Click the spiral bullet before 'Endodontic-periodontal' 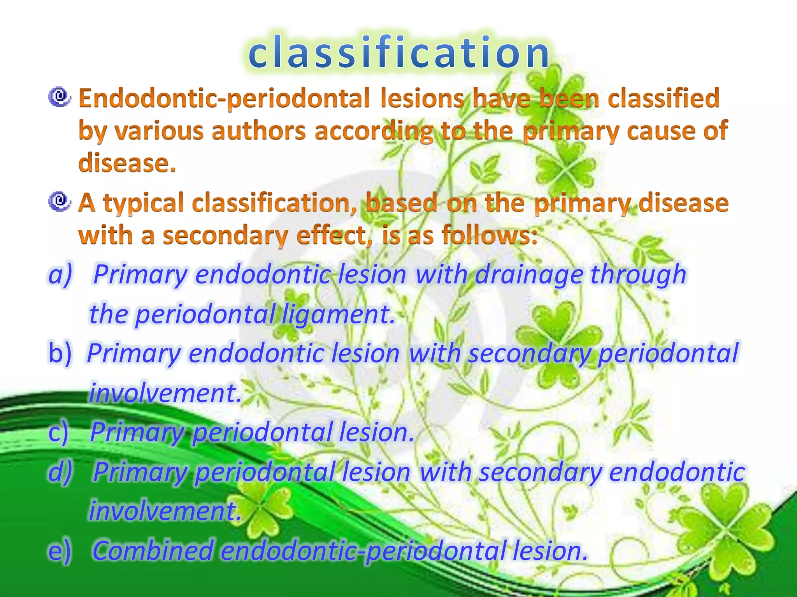[59, 97]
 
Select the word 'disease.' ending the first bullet [127, 162]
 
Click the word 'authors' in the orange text [259, 131]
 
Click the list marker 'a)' [60, 274]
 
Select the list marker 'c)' [58, 432]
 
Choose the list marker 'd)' [60, 472]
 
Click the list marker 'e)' [60, 551]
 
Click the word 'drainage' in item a [529, 274]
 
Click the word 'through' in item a [638, 274]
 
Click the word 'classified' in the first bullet [664, 98]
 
